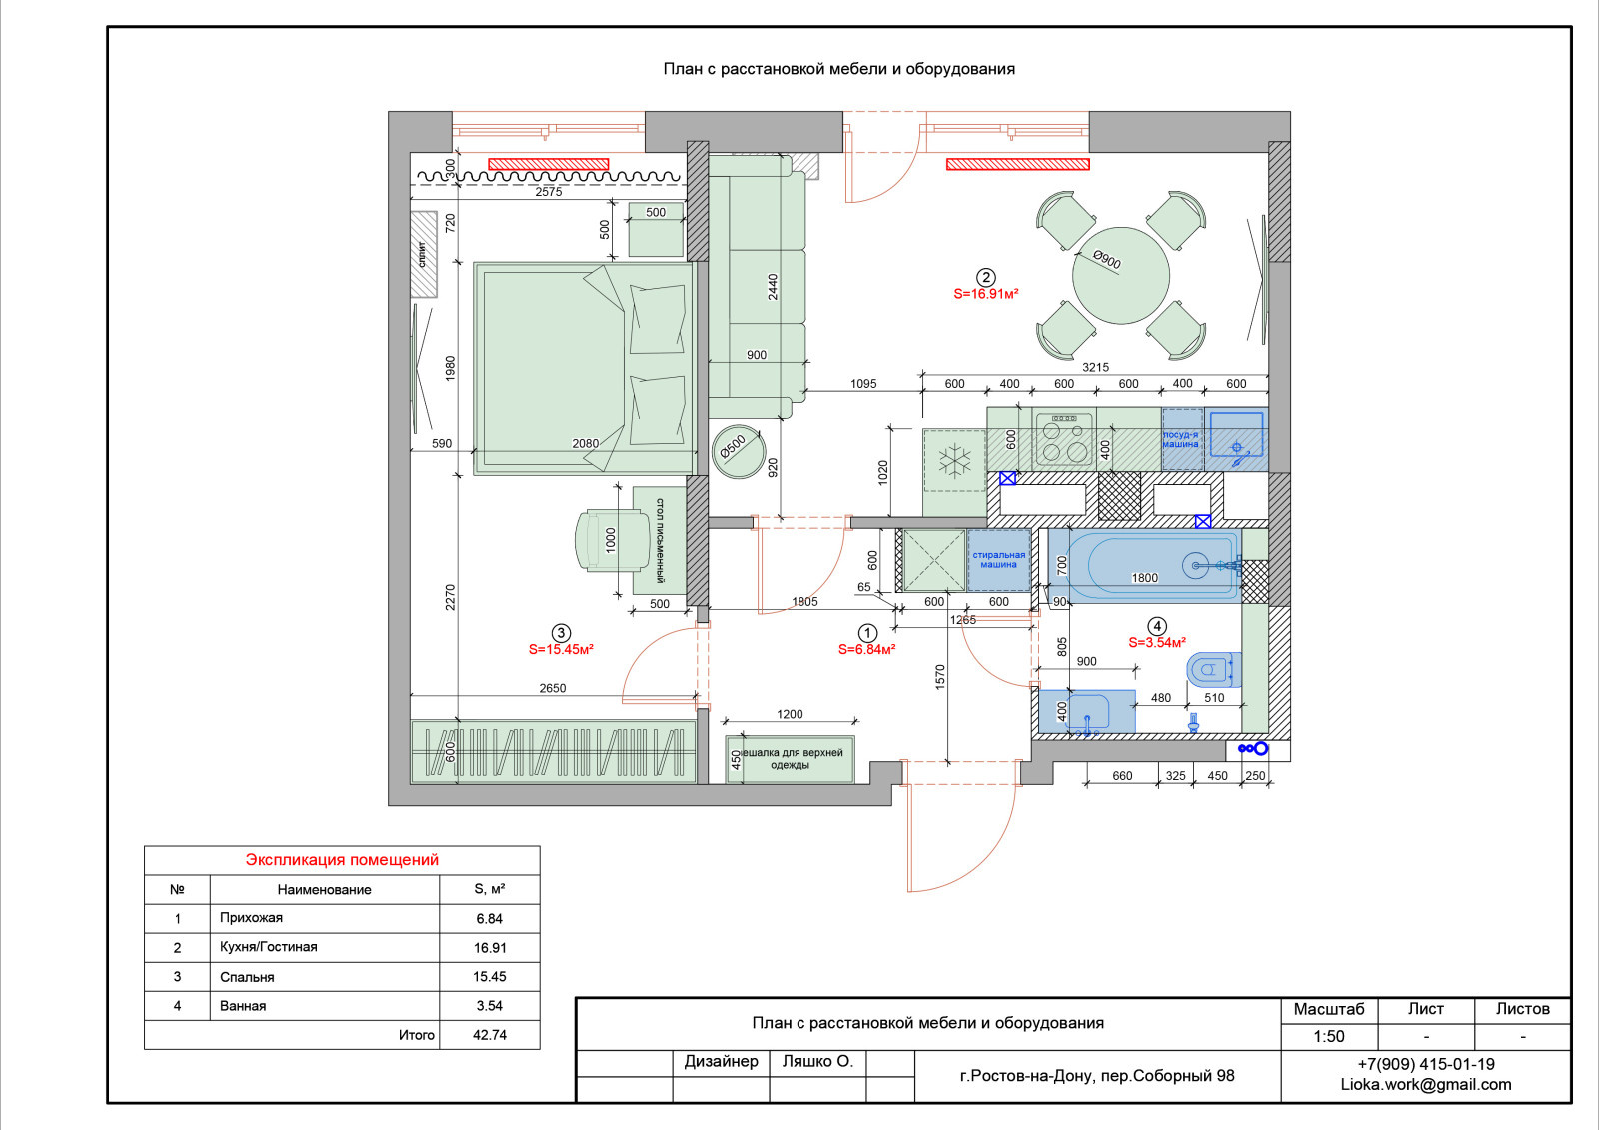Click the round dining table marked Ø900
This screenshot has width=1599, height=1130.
pyautogui.click(x=1120, y=275)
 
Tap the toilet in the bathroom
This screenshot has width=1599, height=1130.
pyautogui.click(x=1213, y=669)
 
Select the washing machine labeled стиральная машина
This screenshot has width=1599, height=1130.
pyautogui.click(x=998, y=560)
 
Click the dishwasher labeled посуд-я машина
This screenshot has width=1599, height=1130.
pyautogui.click(x=1182, y=439)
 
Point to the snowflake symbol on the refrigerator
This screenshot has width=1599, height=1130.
pyautogui.click(x=955, y=461)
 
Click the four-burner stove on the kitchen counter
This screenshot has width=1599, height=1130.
pyautogui.click(x=1064, y=439)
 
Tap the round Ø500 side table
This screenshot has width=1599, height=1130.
pyautogui.click(x=739, y=451)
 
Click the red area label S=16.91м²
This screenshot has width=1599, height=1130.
pyautogui.click(x=985, y=294)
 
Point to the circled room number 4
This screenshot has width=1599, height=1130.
pyautogui.click(x=1157, y=626)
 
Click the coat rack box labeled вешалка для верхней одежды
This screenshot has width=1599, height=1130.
pyautogui.click(x=790, y=759)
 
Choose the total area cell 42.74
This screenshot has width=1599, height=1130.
pyautogui.click(x=490, y=1035)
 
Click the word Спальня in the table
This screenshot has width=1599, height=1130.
pyautogui.click(x=247, y=977)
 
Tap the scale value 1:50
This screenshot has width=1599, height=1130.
pyautogui.click(x=1328, y=1036)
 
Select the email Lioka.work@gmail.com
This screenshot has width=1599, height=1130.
pyautogui.click(x=1425, y=1084)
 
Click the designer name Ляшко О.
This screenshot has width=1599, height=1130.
pyautogui.click(x=817, y=1061)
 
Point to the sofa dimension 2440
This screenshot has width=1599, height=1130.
pyautogui.click(x=773, y=287)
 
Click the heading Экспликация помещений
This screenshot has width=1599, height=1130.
pyautogui.click(x=342, y=860)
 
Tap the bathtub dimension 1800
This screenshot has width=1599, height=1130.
pyautogui.click(x=1145, y=578)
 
